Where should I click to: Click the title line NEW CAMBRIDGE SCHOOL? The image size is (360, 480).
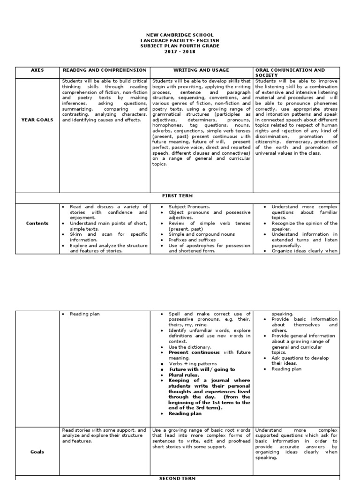[180, 35]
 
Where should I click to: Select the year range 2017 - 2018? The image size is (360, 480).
[180, 52]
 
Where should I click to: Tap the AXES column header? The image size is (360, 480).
[37, 70]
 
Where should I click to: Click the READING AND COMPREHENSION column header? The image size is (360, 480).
[104, 70]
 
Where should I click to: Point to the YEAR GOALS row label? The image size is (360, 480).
[37, 120]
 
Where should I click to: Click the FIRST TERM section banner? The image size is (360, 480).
[180, 195]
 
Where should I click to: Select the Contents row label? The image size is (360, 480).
[37, 223]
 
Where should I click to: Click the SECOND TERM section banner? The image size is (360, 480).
[180, 477]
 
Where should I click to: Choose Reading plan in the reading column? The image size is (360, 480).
[85, 314]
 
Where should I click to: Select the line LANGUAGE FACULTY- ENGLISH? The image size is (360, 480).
[180, 41]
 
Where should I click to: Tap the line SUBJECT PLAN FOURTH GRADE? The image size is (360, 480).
[180, 46]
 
